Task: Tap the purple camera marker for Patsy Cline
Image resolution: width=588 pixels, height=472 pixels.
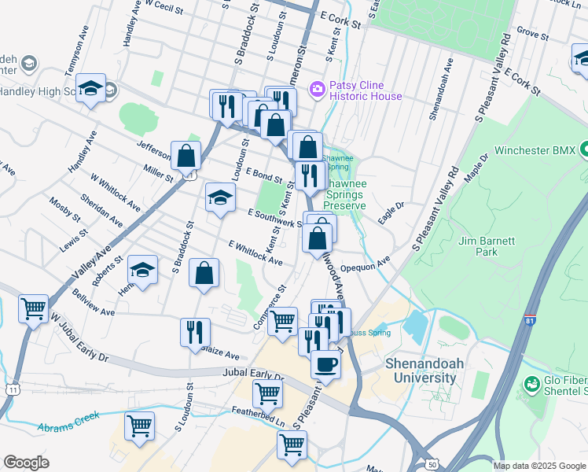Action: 318,90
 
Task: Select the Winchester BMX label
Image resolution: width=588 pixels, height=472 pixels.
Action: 534,149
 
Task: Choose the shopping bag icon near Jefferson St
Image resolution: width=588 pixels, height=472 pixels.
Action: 186,155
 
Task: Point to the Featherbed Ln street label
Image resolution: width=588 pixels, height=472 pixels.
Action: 259,412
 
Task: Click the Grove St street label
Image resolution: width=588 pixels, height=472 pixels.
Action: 532,34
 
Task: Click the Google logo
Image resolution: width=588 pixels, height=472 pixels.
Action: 26,463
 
